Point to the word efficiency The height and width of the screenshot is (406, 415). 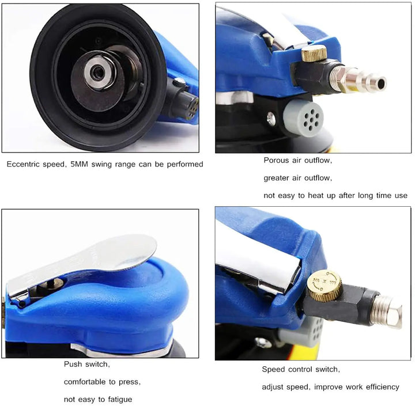click(x=383, y=387)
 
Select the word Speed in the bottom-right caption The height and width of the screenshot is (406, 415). click(x=272, y=369)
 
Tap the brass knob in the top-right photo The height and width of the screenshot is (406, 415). click(x=314, y=53)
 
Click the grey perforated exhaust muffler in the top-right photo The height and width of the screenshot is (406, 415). click(x=304, y=117)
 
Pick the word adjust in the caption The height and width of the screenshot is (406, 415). click(x=272, y=387)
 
